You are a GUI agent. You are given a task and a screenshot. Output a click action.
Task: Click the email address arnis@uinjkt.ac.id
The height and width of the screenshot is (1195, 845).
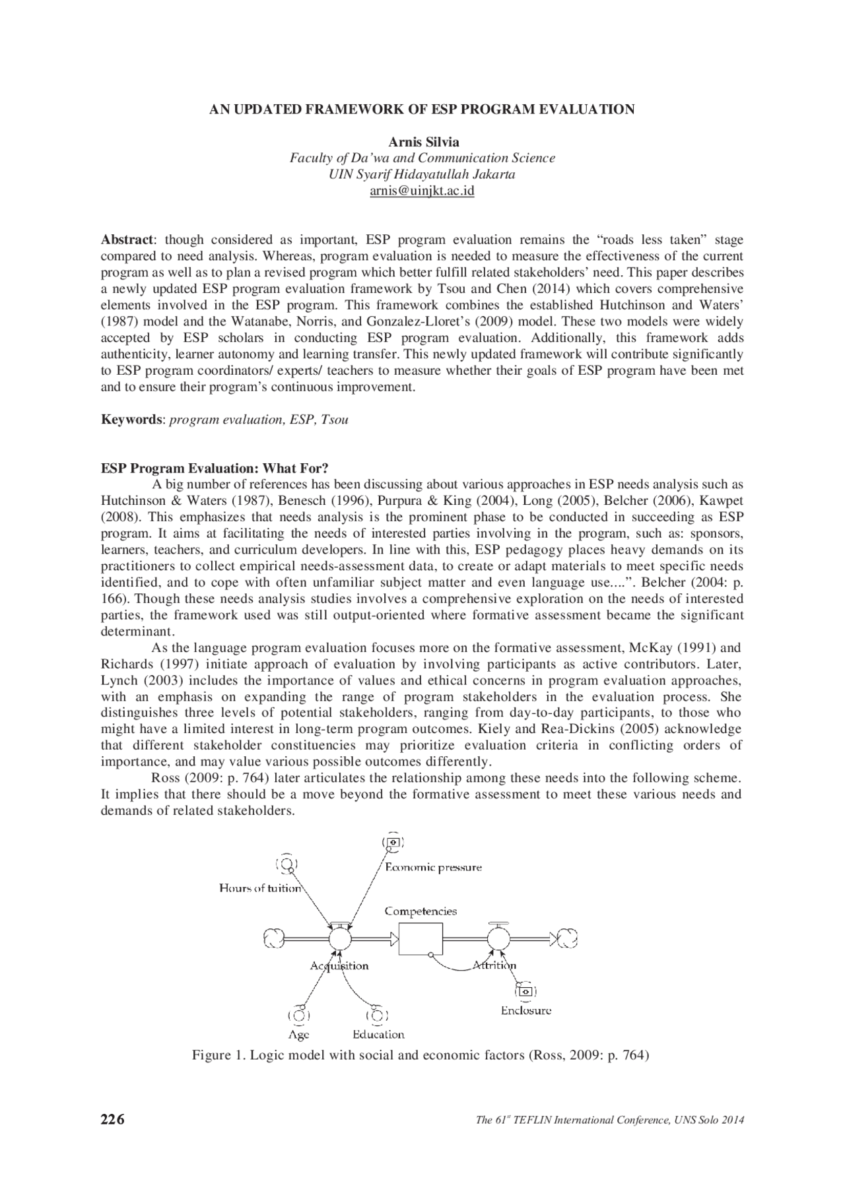[422, 191]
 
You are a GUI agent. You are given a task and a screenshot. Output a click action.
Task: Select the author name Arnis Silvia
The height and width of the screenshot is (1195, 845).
[423, 142]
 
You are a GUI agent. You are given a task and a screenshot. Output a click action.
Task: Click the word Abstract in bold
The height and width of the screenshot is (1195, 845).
[127, 240]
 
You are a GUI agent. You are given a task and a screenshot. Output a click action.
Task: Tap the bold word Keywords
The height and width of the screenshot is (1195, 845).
[131, 420]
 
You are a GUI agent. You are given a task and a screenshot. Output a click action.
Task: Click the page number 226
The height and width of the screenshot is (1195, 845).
[112, 1119]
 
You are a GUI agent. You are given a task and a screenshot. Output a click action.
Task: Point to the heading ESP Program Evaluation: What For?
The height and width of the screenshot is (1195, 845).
[215, 468]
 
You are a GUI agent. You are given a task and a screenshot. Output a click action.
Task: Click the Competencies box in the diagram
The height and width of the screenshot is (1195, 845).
[421, 938]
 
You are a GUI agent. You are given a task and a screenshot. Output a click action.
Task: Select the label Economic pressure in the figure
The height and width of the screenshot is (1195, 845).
[433, 867]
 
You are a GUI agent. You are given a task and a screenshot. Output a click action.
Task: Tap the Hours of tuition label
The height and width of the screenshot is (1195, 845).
[260, 888]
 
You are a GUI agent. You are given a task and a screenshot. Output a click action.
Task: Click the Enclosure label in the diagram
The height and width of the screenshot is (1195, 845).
[525, 1010]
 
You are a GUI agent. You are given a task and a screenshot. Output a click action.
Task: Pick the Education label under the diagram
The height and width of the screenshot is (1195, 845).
[378, 1035]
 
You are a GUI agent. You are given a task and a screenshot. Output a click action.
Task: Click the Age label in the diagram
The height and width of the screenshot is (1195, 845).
[299, 1035]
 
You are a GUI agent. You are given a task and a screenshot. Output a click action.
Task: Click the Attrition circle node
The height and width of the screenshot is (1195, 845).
[498, 938]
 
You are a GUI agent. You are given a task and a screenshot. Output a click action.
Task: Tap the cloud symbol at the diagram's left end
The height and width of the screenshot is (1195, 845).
[273, 938]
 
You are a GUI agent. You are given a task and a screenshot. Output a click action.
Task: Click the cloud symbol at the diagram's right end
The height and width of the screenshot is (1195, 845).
[566, 938]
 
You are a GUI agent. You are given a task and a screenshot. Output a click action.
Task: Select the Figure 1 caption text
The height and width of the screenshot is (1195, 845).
[421, 1055]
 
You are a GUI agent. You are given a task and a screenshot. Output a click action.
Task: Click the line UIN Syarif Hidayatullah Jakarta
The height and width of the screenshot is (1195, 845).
[422, 175]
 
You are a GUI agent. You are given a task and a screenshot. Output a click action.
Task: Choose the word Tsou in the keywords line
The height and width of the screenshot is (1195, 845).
[334, 420]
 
